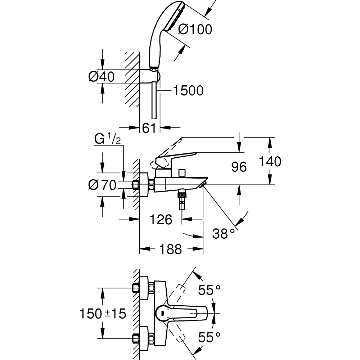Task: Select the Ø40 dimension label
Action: pos(101,76)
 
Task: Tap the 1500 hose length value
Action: pos(188,91)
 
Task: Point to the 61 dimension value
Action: pos(149,127)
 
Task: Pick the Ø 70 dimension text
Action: pos(102,185)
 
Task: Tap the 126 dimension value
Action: pos(160,219)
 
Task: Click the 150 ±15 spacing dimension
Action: pos(103,314)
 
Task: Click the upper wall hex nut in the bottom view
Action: pos(136,288)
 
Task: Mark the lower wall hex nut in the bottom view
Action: pos(136,338)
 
